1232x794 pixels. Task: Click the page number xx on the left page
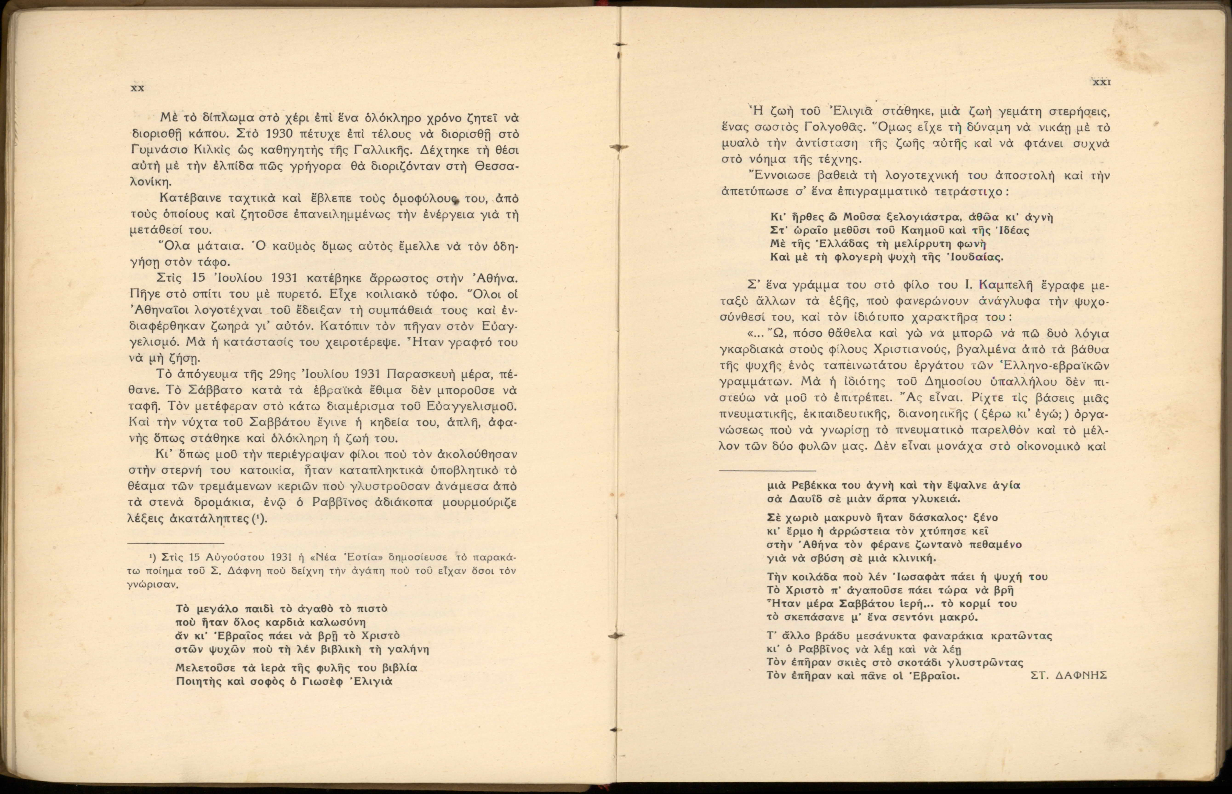(137, 88)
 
